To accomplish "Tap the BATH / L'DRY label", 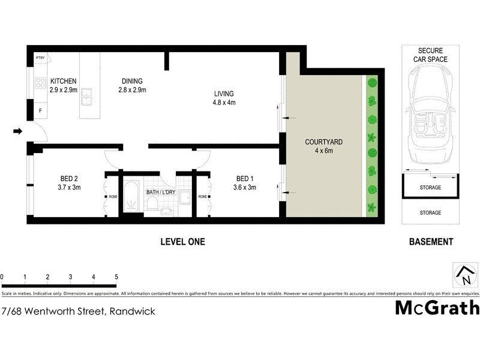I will (160, 192).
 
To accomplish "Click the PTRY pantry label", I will (41, 58).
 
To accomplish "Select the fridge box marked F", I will (41, 110).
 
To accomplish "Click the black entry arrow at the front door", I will (18, 131).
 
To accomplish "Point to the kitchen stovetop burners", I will (41, 83).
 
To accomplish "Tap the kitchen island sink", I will (88, 95).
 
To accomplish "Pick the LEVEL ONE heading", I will (182, 242).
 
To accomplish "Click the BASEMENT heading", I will (430, 242).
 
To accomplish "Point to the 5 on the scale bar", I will (116, 277).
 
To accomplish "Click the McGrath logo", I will (437, 308).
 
